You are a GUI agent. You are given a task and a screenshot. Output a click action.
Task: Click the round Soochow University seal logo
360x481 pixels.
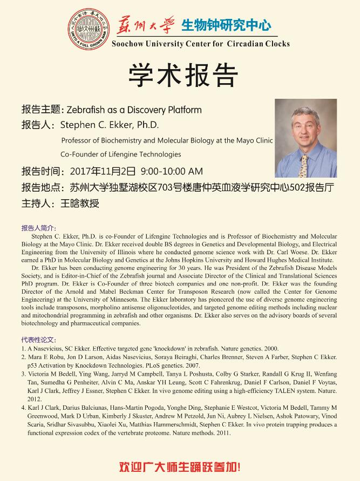click(x=87, y=30)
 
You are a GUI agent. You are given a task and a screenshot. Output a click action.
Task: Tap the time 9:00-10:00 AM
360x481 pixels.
click(x=171, y=172)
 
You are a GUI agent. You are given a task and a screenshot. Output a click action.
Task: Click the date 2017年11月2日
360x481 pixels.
click(x=103, y=172)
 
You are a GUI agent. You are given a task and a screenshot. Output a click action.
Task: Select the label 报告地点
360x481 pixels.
click(x=41, y=188)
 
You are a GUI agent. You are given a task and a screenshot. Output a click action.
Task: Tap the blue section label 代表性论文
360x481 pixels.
click(x=38, y=340)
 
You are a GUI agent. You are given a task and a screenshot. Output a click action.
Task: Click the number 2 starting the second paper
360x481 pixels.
click(x=23, y=357)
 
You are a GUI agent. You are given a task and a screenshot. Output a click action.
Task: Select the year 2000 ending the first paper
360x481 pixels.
click(x=271, y=349)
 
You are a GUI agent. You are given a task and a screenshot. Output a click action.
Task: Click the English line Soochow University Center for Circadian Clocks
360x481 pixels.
click(x=200, y=44)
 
